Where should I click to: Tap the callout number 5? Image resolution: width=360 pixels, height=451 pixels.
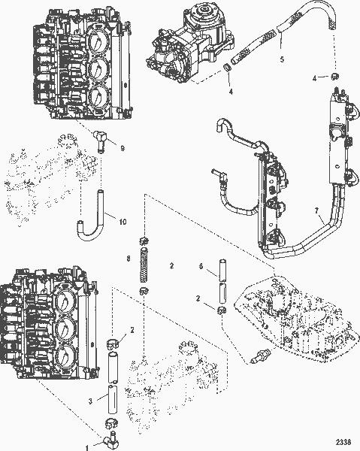coord(281,58)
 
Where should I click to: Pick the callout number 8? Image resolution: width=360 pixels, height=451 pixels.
coord(129,258)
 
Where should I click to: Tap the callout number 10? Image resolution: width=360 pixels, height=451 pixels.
coord(123,222)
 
